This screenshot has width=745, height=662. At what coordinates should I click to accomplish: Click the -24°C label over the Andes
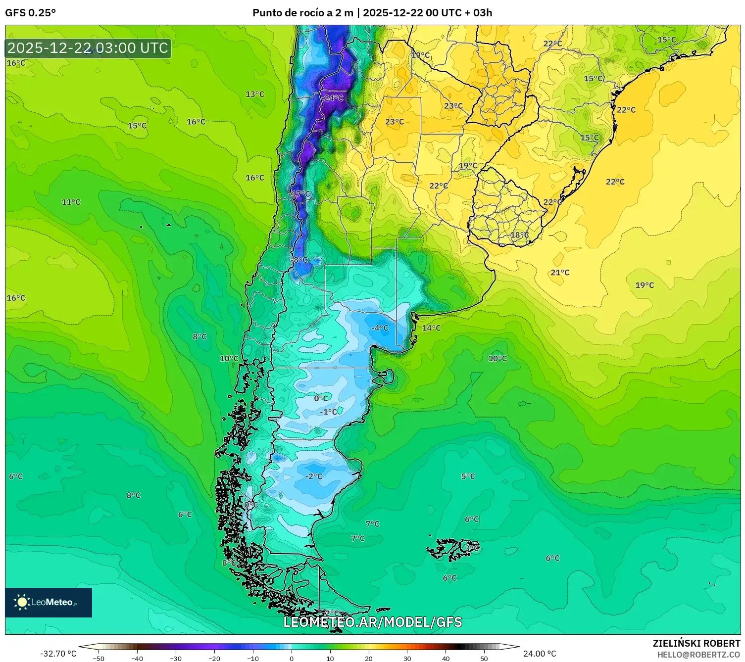(332, 98)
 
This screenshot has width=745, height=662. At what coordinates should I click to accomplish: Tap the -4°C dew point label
(380, 328)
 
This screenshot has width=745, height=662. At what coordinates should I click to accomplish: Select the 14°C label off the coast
(431, 328)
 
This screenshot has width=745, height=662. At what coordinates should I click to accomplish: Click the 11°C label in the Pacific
(71, 202)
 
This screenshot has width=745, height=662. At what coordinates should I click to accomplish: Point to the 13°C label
(255, 94)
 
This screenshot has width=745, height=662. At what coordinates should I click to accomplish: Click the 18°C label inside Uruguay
(519, 235)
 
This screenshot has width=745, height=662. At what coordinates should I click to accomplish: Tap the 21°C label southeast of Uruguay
(560, 273)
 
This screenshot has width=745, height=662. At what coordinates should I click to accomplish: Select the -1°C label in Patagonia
(328, 412)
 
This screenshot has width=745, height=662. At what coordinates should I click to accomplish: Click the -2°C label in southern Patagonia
(313, 476)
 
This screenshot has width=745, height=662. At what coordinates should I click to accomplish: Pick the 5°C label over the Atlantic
(468, 476)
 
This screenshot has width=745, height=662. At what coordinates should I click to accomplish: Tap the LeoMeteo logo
(49, 602)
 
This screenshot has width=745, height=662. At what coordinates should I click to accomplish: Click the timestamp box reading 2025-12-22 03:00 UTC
(88, 48)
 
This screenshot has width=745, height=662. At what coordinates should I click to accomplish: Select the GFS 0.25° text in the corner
(31, 13)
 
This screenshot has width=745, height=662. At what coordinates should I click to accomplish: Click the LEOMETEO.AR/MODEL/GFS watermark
(372, 622)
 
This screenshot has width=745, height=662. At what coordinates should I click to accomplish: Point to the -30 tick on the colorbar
(176, 658)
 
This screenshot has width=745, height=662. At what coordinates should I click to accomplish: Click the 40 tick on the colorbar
(446, 658)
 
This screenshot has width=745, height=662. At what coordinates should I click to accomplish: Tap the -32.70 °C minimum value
(58, 654)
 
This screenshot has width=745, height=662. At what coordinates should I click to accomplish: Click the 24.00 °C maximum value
(540, 654)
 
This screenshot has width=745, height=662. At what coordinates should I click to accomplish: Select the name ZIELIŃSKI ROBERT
(696, 643)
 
